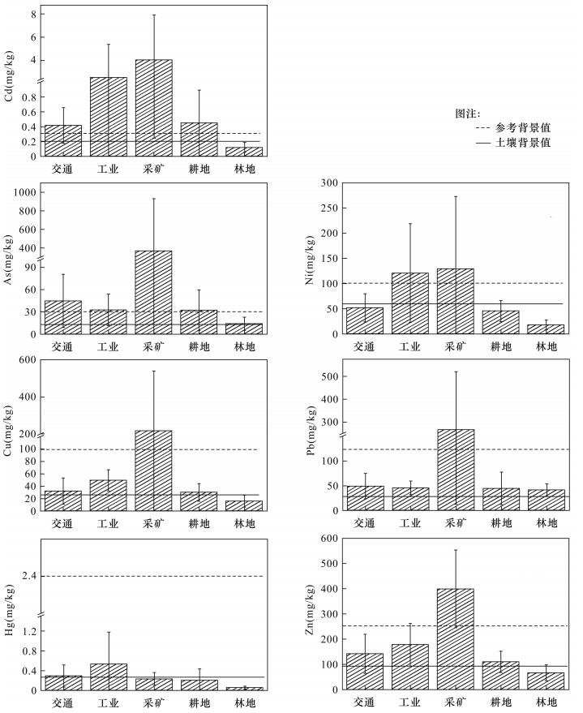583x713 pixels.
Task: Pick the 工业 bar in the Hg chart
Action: pos(108,676)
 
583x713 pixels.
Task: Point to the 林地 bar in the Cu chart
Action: pos(244,505)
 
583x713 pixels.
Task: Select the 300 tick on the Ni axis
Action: pos(327,183)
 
